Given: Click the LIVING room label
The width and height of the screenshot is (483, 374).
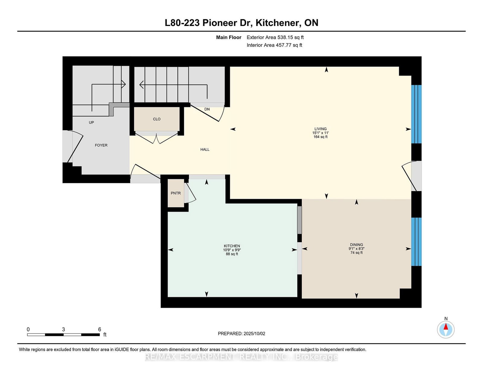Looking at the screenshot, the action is (320, 129).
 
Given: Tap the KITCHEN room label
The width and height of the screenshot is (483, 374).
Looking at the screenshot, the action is (232, 246).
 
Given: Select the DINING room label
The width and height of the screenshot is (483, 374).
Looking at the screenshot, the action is (356, 245).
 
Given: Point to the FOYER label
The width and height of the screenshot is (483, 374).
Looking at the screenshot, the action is (101, 145).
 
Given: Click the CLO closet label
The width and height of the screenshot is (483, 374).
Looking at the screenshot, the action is (157, 119).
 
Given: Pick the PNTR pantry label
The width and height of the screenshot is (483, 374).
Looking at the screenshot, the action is (176, 193).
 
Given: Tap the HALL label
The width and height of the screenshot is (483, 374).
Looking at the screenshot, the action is (205, 150).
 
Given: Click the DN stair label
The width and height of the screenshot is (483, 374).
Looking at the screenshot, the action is (207, 109).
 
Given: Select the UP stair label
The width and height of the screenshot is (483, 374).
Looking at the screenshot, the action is (91, 122).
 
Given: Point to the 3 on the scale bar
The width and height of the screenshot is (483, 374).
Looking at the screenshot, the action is (63, 330).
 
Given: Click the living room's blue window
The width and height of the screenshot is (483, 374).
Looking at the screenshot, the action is (416, 114).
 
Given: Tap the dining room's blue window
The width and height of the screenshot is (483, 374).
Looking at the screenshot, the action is (416, 242).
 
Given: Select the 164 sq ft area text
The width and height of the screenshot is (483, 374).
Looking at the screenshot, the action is (320, 137).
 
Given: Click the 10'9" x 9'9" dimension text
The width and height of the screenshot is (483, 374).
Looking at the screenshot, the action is (232, 250).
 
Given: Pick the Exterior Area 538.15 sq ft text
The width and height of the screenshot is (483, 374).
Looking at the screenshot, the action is (275, 37).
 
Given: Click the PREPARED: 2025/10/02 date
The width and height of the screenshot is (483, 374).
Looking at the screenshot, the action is (241, 333).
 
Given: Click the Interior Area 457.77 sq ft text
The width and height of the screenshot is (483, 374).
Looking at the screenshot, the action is (274, 45).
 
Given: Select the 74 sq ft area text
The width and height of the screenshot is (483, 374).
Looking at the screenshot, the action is (356, 253).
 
